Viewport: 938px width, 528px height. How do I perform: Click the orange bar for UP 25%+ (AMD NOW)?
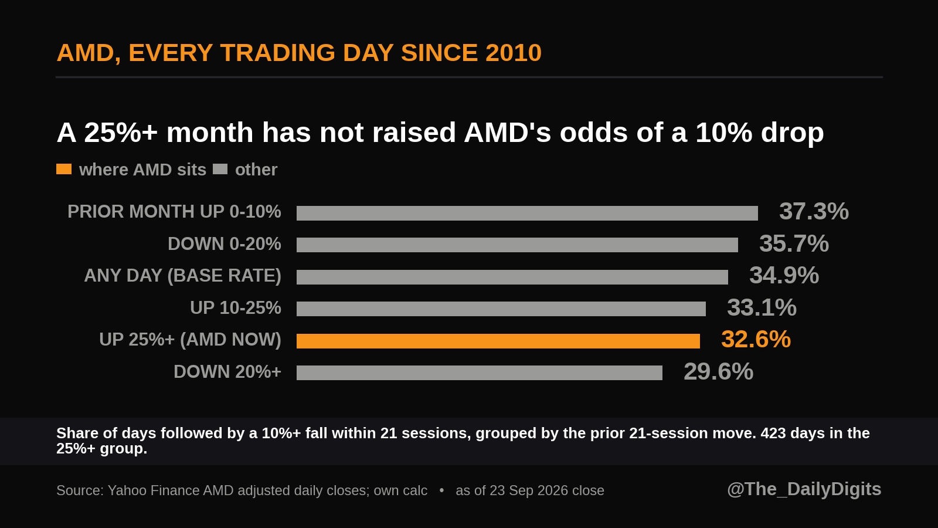click(498, 341)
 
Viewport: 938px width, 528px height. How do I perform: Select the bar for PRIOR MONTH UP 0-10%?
click(527, 213)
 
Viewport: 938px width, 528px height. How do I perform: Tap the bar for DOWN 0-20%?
click(517, 245)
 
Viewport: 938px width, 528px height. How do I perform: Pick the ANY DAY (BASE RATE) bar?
click(512, 277)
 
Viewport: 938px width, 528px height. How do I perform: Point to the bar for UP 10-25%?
click(501, 309)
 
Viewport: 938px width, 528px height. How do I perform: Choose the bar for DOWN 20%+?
click(480, 373)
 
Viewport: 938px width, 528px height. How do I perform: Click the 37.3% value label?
click(814, 211)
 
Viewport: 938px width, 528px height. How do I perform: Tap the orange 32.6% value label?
click(756, 339)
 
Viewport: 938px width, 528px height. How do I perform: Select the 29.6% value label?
click(719, 371)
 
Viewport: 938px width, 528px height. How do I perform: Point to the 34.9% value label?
click(784, 275)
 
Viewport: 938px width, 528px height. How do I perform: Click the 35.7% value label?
click(794, 243)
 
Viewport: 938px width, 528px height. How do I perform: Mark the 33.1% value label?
click(762, 307)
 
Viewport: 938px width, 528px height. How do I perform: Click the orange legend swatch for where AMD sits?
click(64, 169)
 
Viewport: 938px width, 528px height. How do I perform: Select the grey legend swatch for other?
click(220, 169)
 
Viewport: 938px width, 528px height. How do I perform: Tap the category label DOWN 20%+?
click(227, 372)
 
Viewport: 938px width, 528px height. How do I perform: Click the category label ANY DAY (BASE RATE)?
click(182, 276)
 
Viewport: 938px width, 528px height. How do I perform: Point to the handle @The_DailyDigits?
click(804, 489)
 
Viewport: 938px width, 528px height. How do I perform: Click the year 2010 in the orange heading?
click(514, 53)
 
